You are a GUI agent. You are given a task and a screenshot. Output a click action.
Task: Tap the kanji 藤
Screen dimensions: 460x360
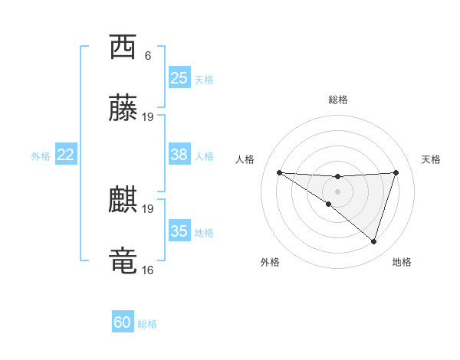(123, 110)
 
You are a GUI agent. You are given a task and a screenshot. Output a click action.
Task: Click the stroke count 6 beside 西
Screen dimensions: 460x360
(148, 55)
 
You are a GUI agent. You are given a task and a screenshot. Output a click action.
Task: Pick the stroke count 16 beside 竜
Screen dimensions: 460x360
(148, 270)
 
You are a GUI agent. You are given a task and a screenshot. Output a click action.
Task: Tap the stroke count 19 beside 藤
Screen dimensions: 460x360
(148, 117)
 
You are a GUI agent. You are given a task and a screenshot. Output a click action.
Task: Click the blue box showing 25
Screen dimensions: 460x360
(179, 78)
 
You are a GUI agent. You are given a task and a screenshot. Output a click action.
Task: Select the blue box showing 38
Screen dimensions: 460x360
(179, 155)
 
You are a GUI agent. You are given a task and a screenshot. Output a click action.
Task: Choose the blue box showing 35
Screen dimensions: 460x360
(179, 231)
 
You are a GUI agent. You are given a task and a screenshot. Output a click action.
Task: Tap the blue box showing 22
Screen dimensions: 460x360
(66, 155)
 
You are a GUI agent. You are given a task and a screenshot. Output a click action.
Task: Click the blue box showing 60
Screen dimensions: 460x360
(123, 322)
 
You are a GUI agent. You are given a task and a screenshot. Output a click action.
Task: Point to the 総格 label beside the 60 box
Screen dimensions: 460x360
(147, 324)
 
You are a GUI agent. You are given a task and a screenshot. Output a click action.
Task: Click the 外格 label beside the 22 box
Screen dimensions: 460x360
(41, 156)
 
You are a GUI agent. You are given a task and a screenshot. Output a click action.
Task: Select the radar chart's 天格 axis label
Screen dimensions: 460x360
(432, 159)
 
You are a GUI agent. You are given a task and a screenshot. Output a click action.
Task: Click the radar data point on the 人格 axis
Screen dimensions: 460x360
(279, 172)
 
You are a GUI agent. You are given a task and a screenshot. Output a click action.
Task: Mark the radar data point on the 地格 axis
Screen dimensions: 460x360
(374, 242)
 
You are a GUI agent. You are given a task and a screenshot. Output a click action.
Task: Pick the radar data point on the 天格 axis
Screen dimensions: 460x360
(396, 172)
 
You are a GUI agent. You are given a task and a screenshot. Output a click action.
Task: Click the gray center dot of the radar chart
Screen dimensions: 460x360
(337, 191)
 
